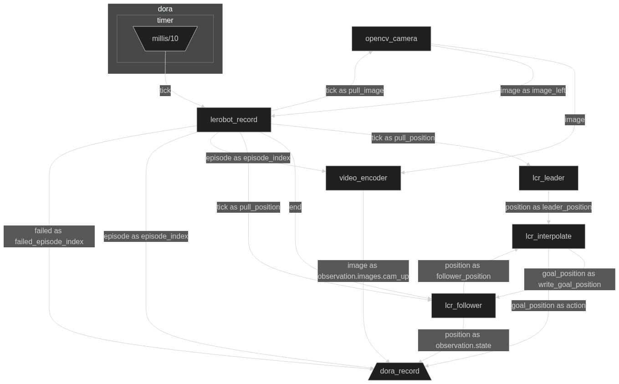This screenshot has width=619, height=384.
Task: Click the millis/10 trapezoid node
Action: (165, 39)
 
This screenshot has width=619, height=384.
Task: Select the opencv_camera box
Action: (391, 39)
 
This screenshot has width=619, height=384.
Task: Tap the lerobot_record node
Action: (234, 120)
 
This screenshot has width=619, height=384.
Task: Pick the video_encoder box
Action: (363, 178)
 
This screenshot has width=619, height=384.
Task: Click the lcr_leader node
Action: (548, 178)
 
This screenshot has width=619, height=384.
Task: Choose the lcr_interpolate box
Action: (548, 236)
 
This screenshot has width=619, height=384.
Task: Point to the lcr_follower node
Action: (463, 306)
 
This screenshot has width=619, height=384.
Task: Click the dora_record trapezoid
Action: (399, 371)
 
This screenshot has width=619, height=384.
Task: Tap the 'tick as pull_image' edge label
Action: (355, 91)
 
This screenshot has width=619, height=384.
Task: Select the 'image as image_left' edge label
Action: (533, 91)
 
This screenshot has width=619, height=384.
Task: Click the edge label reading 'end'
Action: (295, 207)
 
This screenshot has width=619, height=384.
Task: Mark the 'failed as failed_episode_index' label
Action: (49, 236)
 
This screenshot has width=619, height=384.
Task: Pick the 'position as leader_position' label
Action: (548, 207)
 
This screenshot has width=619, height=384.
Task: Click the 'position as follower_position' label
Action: (463, 271)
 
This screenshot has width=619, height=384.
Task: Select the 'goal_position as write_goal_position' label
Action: (569, 279)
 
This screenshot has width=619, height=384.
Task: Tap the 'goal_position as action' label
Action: (548, 306)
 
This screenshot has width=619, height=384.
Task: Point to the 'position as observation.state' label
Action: (463, 340)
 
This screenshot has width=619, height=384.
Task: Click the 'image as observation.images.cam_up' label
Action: (363, 271)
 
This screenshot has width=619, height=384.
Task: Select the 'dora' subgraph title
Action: (165, 9)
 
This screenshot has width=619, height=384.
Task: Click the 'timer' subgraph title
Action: (165, 20)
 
